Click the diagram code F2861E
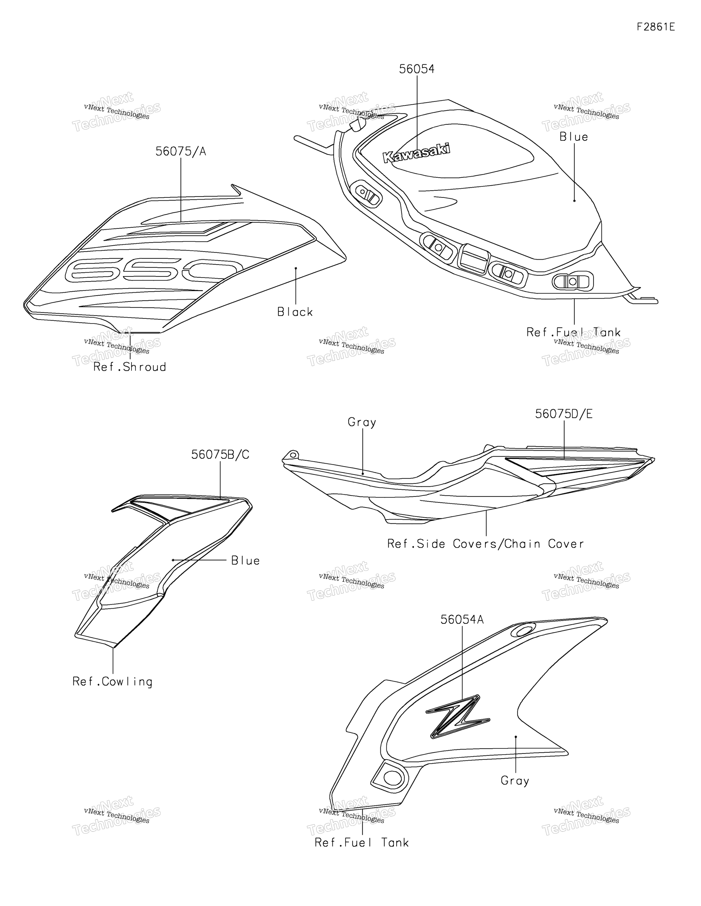656,27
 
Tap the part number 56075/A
181,151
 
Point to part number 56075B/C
220,455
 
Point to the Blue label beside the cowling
246,561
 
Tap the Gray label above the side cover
362,422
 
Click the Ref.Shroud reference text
130,367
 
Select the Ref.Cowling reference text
112,682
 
